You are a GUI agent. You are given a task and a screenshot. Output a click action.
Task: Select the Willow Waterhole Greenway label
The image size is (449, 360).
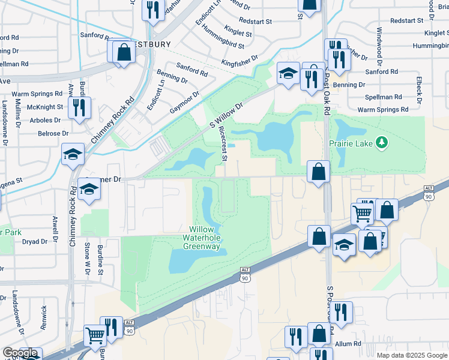pyautogui.click(x=206, y=238)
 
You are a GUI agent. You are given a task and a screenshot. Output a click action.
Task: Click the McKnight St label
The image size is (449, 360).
pyautogui.click(x=45, y=107)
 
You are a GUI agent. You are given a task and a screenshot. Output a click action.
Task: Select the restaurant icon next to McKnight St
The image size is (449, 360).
pyautogui.click(x=79, y=107)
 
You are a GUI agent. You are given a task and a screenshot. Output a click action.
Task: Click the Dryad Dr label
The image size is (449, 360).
pyautogui.click(x=35, y=242)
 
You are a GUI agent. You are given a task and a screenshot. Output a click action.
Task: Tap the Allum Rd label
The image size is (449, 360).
pyautogui.click(x=348, y=344)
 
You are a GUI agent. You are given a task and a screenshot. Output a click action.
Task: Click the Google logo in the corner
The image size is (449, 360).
pyautogui.click(x=20, y=353)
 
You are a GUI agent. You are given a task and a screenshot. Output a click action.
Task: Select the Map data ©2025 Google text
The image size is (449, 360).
pyautogui.click(x=412, y=355)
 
